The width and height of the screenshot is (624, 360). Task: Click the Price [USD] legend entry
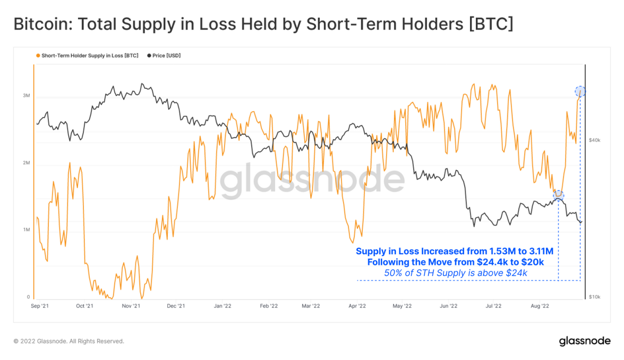[x=166, y=56]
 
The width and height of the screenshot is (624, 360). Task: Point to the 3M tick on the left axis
[x=26, y=96]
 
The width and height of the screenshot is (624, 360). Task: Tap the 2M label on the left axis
[x=26, y=163]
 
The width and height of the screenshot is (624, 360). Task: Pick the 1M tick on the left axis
[x=26, y=230]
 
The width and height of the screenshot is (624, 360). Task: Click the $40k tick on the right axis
[x=594, y=140]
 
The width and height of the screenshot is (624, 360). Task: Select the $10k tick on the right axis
[x=594, y=297]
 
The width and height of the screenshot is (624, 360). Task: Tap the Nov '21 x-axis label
[x=131, y=306]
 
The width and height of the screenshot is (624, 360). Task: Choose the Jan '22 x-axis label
[x=223, y=306]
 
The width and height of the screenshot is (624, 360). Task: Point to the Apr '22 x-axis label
[x=357, y=306]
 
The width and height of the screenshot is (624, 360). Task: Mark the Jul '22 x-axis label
[x=493, y=306]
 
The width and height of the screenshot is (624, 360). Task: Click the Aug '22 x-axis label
[x=539, y=306]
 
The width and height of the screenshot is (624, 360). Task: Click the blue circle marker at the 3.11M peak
[x=580, y=91]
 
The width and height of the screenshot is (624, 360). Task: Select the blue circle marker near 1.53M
[x=558, y=195]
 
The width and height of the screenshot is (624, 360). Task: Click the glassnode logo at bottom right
[x=584, y=341]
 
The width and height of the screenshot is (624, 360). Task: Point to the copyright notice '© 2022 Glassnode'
[x=69, y=341]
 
